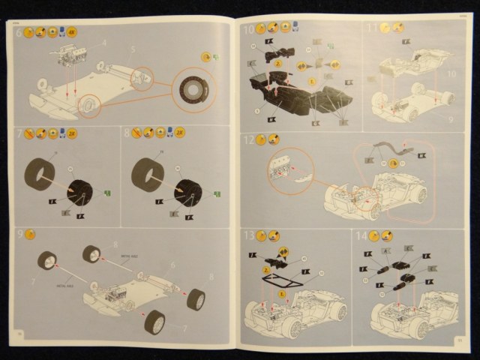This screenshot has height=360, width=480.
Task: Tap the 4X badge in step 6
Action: pyautogui.click(x=73, y=32)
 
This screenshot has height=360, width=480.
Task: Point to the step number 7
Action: pyautogui.click(x=18, y=133)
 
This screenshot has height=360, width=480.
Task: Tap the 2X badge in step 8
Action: pyautogui.click(x=180, y=133)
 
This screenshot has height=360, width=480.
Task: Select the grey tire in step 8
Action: pyautogui.click(x=147, y=173)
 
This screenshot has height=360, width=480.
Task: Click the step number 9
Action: pyautogui.click(x=18, y=234)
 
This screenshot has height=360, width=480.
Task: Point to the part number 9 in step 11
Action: pyautogui.click(x=451, y=117)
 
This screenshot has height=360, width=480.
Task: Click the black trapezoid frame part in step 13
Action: pyautogui.click(x=278, y=282)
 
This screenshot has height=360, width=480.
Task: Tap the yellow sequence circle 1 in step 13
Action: pyautogui.click(x=281, y=292)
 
